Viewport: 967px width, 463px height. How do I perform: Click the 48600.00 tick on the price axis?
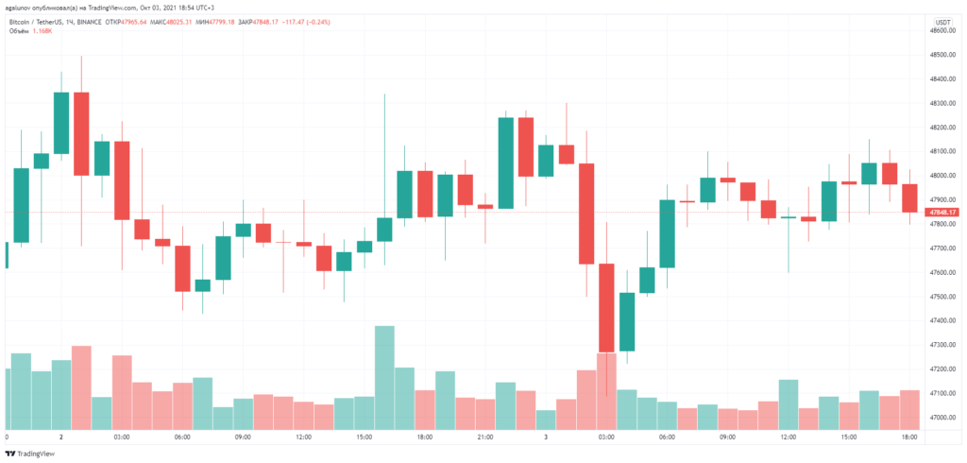point(944,31)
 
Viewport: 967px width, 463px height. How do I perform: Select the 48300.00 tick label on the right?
point(944,104)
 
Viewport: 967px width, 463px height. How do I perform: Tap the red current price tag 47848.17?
point(944,213)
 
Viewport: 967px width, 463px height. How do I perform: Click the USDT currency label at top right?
point(943,21)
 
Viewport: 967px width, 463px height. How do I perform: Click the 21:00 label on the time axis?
point(483,438)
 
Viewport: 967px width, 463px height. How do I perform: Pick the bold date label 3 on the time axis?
point(545,438)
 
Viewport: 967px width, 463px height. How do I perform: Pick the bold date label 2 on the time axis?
point(61,438)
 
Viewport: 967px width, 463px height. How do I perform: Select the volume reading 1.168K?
point(43,31)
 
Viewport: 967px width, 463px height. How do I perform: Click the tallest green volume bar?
point(384,378)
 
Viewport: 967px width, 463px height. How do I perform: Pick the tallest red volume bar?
point(81,387)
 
